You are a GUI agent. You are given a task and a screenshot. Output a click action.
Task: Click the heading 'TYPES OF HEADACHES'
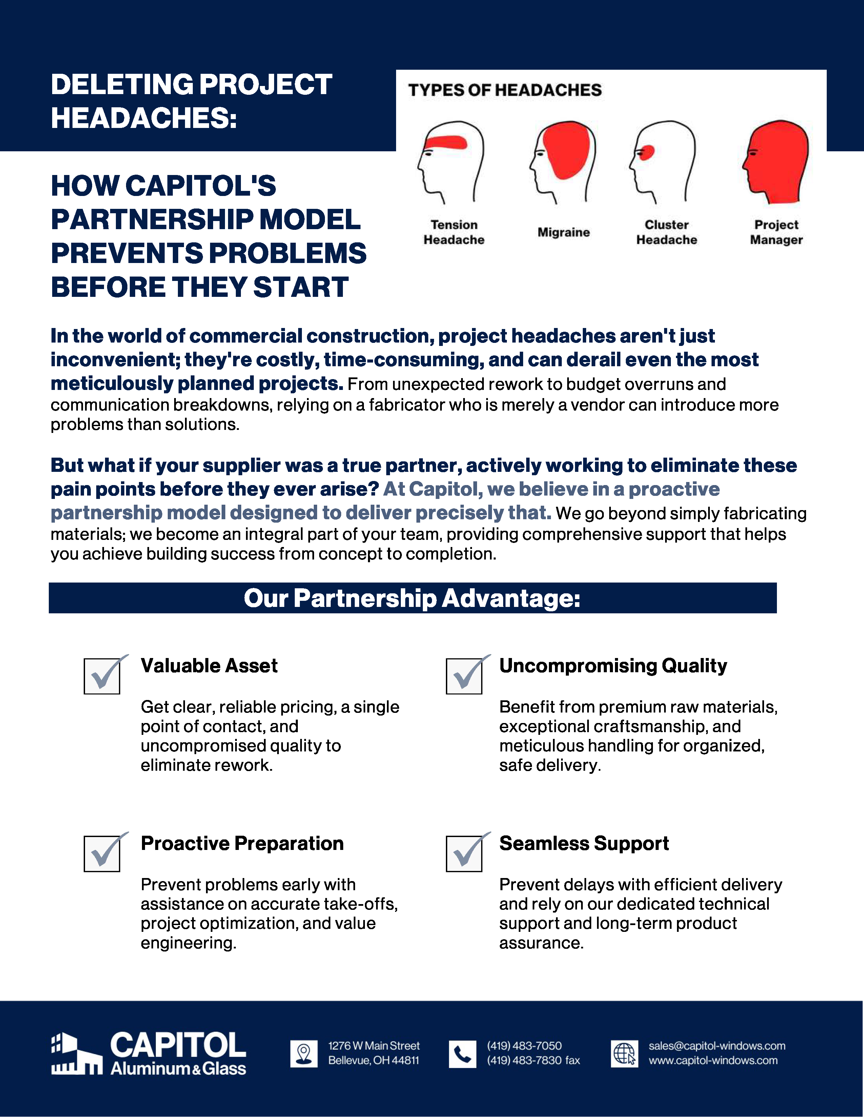click(x=505, y=90)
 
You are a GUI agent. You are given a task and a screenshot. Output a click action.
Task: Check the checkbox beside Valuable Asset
click(x=102, y=676)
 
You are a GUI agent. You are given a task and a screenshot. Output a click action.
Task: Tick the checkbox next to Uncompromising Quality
click(x=464, y=676)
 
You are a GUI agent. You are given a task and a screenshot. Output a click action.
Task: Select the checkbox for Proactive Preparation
click(x=102, y=853)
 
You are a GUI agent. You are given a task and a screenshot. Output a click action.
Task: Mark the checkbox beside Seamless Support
click(x=464, y=853)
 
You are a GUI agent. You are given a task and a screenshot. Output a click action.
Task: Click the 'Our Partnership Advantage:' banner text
click(x=412, y=598)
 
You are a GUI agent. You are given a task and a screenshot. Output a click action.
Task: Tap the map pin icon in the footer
click(x=304, y=1054)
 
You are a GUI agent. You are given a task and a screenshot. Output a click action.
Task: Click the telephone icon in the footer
click(x=462, y=1054)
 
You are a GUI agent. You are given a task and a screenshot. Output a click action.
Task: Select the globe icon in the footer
click(x=624, y=1054)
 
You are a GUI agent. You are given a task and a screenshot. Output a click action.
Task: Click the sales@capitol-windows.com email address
click(x=717, y=1046)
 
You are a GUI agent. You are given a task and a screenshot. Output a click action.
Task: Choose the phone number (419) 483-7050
click(x=524, y=1046)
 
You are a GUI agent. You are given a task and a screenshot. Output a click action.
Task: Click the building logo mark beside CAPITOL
click(x=76, y=1054)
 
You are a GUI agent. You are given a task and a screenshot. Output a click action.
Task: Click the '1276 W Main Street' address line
click(x=374, y=1046)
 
